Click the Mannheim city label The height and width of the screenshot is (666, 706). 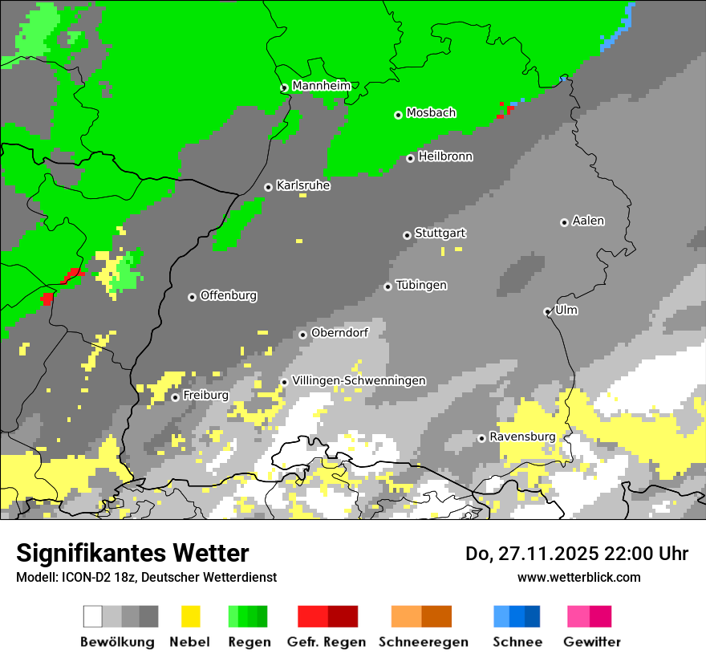point(321,86)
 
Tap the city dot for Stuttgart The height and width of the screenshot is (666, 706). point(407,235)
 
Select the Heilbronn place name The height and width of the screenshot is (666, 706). point(445,156)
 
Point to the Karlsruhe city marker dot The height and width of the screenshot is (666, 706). point(268,187)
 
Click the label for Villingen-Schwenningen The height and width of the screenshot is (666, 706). point(359,380)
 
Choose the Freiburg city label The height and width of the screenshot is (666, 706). point(205,396)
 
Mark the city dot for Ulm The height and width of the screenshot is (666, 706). point(547,311)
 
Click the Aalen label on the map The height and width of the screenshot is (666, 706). point(588,221)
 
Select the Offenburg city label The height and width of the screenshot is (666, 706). point(228,295)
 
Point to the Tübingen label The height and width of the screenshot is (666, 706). point(421,285)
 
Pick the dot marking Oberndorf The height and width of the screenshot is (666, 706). point(302,335)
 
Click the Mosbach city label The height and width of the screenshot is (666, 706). point(431,113)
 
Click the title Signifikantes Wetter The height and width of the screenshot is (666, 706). point(132,553)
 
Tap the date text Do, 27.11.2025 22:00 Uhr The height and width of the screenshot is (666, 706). point(577,554)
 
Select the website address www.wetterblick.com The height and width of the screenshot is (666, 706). point(578,577)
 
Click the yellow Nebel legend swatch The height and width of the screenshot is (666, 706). point(190,616)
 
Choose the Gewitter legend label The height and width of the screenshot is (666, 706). point(591,642)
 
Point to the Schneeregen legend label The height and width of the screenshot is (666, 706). point(423,642)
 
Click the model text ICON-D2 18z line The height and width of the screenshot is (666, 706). point(146,577)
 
